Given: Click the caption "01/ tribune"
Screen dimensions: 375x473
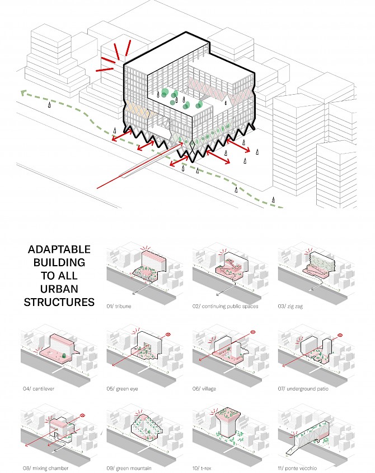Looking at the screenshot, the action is point(119,306).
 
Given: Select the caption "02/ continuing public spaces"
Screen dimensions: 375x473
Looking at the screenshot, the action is point(226,306).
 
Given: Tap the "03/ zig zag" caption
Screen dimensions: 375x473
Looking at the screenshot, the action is point(290,306).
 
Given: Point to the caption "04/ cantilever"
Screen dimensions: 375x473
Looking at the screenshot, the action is point(39,388).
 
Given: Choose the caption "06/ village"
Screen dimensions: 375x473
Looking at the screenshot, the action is point(204,388).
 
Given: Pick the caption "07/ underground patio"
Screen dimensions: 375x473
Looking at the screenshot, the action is point(303,388).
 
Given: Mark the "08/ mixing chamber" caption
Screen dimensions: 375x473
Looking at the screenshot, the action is point(45,468).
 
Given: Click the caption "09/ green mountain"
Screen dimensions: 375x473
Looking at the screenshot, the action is point(129,468).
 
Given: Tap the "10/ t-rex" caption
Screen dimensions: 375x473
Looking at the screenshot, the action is point(202,468).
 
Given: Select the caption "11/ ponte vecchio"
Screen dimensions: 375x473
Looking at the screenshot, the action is point(297,468).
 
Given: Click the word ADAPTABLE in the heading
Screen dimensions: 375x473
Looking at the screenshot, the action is point(59,249).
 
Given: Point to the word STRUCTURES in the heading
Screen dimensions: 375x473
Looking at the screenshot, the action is point(59,302).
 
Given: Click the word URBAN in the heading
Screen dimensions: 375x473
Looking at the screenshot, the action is point(59,289).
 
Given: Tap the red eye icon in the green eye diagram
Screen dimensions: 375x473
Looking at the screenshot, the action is point(168,334).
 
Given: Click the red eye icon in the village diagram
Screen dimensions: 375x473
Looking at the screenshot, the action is point(254,332).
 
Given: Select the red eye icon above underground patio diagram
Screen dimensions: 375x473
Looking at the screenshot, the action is point(340,335).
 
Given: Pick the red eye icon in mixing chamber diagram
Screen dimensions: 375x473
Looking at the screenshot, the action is point(82,415).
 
